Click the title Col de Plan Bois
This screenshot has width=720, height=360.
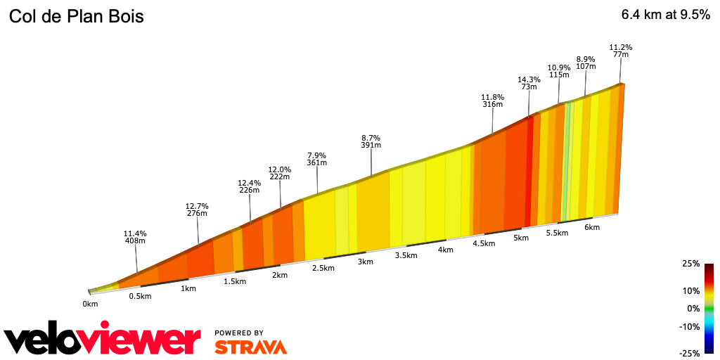tap(76, 17)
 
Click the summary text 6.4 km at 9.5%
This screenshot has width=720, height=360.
tap(665, 15)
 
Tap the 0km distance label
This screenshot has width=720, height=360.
tap(90, 304)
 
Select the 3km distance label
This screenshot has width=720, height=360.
tap(365, 262)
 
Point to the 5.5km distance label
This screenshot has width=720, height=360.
tap(557, 233)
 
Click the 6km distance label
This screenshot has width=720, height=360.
tap(592, 227)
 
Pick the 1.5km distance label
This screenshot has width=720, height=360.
tap(235, 281)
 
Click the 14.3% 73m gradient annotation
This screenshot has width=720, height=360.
tap(529, 84)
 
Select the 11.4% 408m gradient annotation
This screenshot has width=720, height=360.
tap(135, 237)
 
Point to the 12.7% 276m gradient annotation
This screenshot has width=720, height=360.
tap(197, 210)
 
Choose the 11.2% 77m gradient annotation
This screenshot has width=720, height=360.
tap(620, 51)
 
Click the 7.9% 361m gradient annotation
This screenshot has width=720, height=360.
tap(317, 159)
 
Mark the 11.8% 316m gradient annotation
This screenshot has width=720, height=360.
tap(493, 101)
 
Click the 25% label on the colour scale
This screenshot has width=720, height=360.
tap(690, 264)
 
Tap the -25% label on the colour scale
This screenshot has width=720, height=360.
tap(690, 353)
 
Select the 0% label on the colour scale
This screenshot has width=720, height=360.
tap(693, 308)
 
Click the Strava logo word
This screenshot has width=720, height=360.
tap(250, 347)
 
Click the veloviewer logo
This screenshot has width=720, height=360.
tap(103, 340)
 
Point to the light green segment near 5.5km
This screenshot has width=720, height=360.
tap(567, 162)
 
